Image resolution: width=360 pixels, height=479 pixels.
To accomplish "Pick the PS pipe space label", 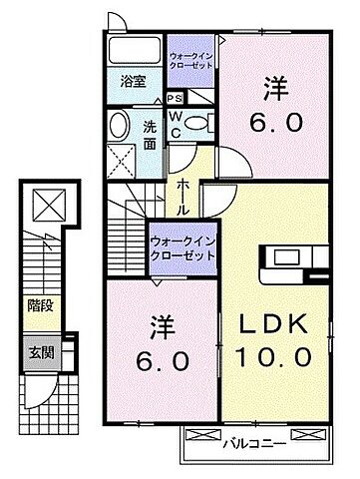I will [x=175, y=98].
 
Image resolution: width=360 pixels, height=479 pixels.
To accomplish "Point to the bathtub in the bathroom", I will [x=134, y=51].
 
